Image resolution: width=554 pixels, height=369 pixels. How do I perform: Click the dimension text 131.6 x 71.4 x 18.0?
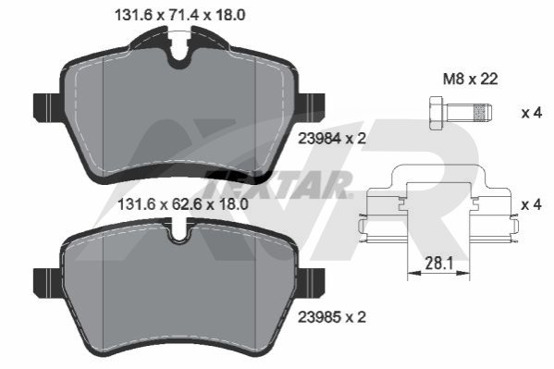[180, 15]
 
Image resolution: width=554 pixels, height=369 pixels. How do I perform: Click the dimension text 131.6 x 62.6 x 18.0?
[183, 204]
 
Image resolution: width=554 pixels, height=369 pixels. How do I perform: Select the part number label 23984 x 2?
[332, 139]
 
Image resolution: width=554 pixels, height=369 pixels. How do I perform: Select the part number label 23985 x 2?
[332, 317]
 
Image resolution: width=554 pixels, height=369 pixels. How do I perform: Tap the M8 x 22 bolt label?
[471, 79]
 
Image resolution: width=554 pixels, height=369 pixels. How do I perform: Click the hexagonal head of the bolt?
[437, 113]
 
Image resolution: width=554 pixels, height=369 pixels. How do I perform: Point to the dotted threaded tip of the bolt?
[484, 113]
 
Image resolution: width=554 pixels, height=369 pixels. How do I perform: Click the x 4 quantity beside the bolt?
[532, 113]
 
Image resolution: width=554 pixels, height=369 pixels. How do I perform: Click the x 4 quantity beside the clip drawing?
[532, 204]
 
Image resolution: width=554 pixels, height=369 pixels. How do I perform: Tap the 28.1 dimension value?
[438, 264]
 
